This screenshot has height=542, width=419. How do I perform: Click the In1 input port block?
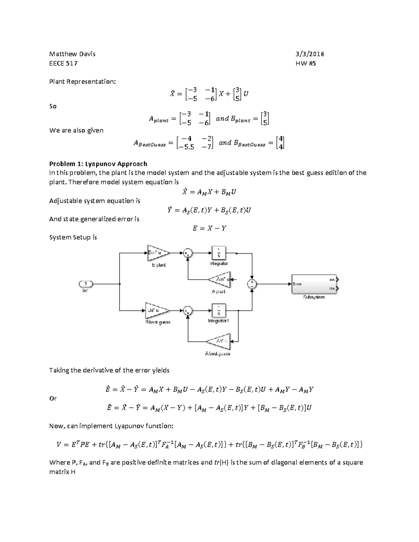click(86, 284)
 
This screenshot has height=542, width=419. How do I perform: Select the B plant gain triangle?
click(157, 253)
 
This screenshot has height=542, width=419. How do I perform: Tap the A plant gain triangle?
click(220, 280)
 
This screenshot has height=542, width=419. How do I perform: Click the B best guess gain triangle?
click(156, 310)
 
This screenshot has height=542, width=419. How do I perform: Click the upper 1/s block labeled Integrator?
click(219, 253)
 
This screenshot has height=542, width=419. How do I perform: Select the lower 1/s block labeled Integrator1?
click(219, 310)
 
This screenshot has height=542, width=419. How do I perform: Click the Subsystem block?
click(314, 284)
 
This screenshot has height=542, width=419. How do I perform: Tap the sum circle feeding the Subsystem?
click(252, 284)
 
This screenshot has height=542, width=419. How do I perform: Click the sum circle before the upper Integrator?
click(188, 253)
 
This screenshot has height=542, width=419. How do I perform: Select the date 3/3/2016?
click(310, 54)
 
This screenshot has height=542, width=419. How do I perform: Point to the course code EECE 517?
click(63, 64)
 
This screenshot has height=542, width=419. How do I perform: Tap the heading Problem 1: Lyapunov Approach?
click(98, 164)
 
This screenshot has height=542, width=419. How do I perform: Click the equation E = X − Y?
click(209, 229)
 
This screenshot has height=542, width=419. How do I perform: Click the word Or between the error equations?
click(53, 398)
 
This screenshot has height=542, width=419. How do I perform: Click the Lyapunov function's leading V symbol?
click(59, 445)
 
